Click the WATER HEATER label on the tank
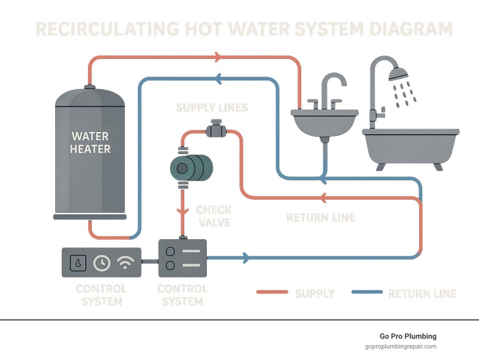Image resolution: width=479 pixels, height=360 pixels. point(90,143)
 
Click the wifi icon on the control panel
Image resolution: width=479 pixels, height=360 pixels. point(125,263)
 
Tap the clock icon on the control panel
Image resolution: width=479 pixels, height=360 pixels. point(102,263)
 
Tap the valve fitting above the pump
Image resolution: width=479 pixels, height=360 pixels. point(216,128)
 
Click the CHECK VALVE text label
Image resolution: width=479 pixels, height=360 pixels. point(214,215)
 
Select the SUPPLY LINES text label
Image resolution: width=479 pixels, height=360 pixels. point(212,108)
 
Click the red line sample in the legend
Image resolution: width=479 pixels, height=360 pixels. point(272,292)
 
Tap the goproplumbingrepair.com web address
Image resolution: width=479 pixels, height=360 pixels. point(400,346)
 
